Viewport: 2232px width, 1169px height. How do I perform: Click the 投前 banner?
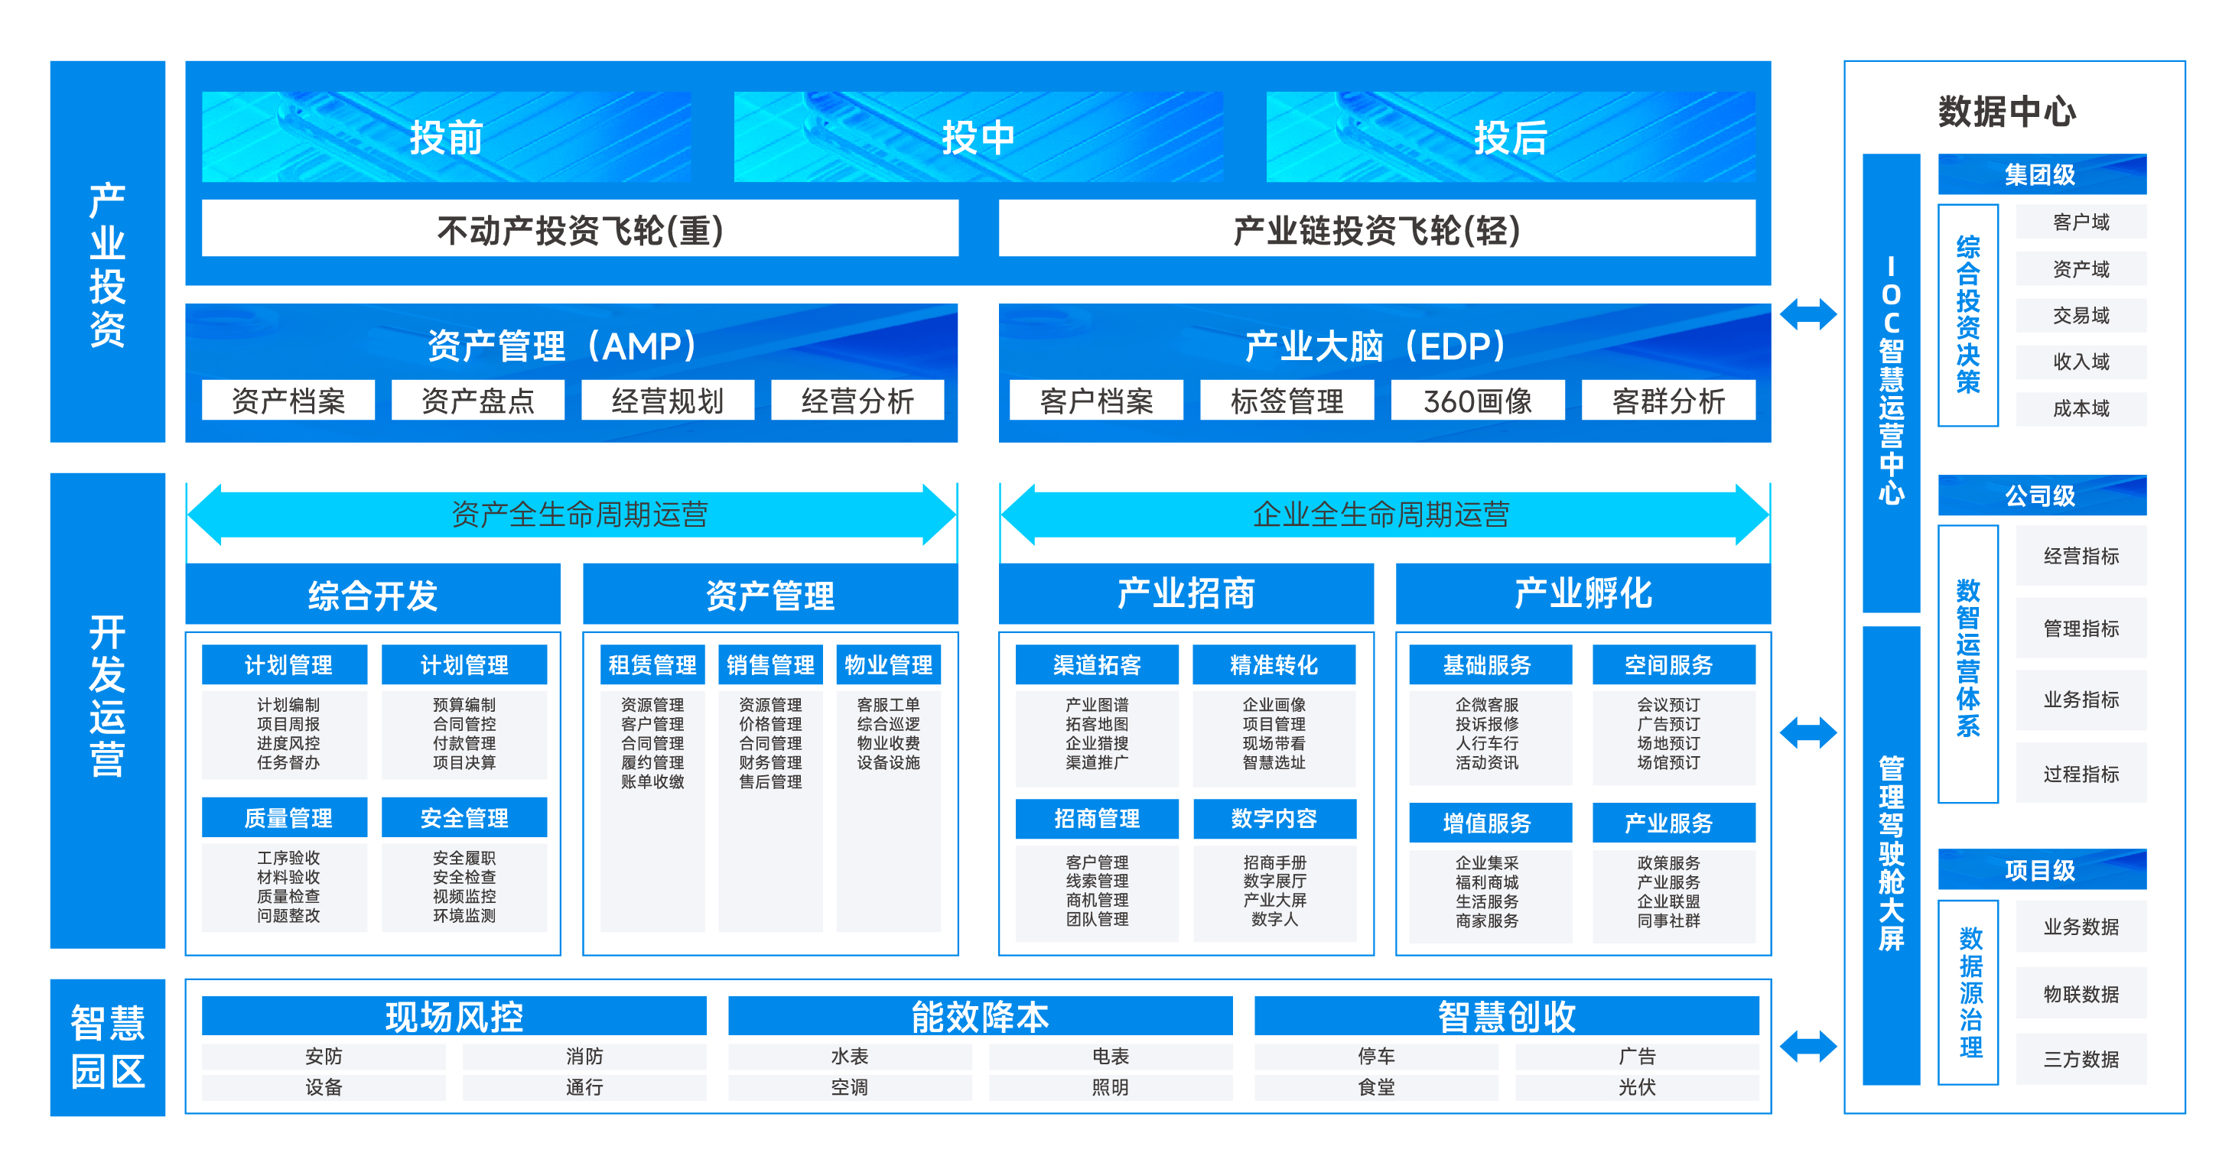point(446,137)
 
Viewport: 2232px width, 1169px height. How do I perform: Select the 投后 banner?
point(1510,137)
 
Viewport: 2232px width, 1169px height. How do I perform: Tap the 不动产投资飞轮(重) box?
point(580,229)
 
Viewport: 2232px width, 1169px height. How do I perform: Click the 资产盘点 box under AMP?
point(477,401)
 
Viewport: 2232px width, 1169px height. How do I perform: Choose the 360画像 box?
point(1477,401)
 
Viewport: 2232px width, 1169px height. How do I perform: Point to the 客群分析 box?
point(1668,401)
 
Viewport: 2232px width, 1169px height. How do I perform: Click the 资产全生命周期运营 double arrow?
point(572,515)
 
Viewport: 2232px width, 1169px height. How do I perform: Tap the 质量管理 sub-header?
point(288,817)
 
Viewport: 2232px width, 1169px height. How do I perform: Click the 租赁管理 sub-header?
point(652,665)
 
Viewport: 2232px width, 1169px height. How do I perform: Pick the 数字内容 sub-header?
point(1274,818)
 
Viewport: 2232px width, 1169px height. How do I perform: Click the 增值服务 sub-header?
point(1487,823)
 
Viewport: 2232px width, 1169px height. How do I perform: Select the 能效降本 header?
point(980,1017)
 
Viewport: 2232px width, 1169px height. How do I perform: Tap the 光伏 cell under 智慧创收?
point(1637,1086)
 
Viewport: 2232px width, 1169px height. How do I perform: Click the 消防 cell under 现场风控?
point(584,1056)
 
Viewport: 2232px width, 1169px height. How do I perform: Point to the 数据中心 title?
point(2006,112)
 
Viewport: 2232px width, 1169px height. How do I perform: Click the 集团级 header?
point(2041,175)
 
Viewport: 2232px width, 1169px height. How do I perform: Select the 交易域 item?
point(2081,315)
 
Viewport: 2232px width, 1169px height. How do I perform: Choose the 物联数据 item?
point(2081,993)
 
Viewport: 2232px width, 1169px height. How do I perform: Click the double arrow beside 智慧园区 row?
point(1808,1046)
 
